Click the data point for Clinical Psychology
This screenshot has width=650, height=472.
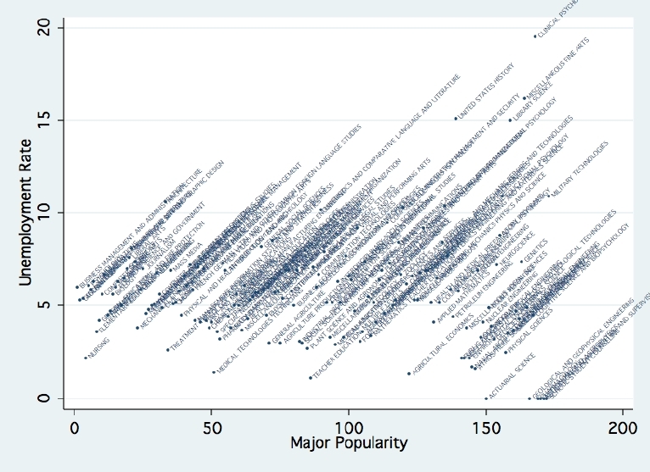(x=535, y=36)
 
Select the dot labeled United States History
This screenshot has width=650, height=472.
(x=456, y=119)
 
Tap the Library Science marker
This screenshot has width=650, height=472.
(x=510, y=120)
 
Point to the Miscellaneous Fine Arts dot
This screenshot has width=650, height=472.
(x=524, y=98)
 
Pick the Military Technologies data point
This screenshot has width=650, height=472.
(x=547, y=197)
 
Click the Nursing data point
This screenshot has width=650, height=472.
(x=86, y=358)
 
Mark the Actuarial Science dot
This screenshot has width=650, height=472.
(x=486, y=398)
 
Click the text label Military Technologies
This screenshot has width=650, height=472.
(x=580, y=169)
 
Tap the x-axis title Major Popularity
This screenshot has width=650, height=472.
(x=349, y=443)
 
